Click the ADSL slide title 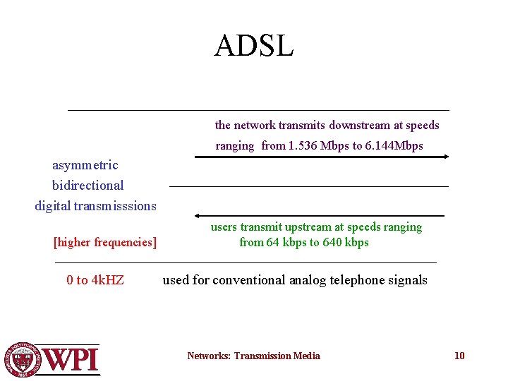(x=254, y=46)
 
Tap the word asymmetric (x=85, y=165)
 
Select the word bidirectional (x=87, y=186)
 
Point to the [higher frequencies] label (x=105, y=243)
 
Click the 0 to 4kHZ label (x=95, y=280)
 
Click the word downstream (x=359, y=126)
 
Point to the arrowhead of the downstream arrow (x=445, y=157)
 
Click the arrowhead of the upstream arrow (x=198, y=215)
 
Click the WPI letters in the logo (x=71, y=359)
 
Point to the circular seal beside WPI (x=23, y=359)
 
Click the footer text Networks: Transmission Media (x=253, y=356)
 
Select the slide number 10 (x=459, y=356)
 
